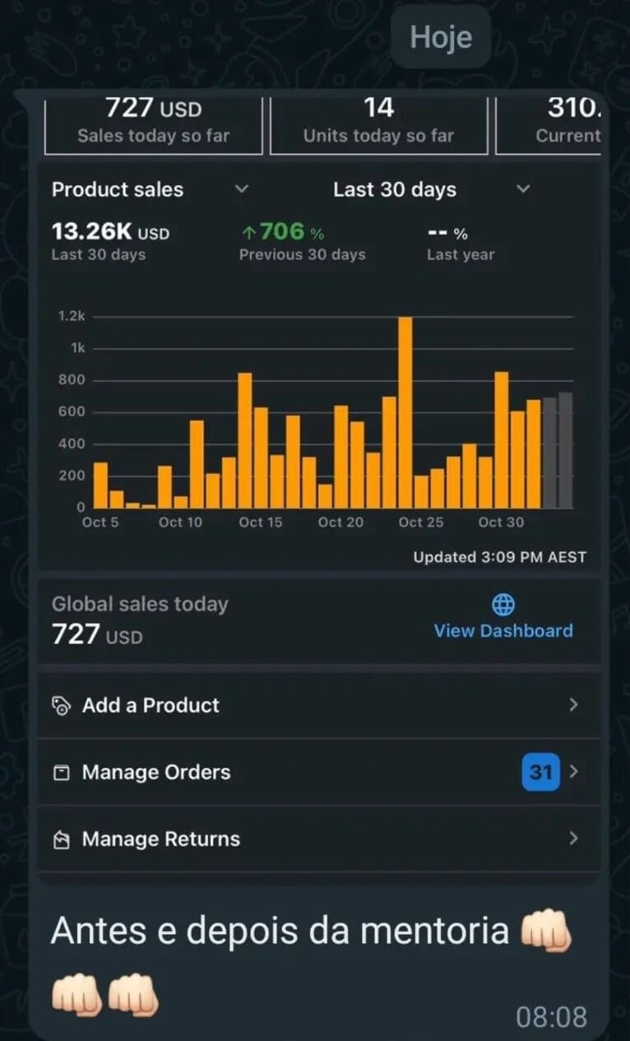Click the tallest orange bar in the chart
[x=405, y=411]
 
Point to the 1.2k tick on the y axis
[x=72, y=317]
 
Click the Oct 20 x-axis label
[x=340, y=523]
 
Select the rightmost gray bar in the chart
[x=566, y=450]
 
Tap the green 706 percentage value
[x=282, y=232]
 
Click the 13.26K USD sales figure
[x=110, y=233]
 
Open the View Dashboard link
[x=503, y=631]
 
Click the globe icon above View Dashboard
[x=503, y=606]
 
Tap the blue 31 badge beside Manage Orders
[x=540, y=772]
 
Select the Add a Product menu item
[x=151, y=705]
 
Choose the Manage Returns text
[x=160, y=839]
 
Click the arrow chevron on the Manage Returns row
[x=574, y=839]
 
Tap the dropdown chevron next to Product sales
[x=241, y=189]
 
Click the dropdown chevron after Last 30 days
[x=523, y=189]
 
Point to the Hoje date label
[x=441, y=38]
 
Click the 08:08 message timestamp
[x=551, y=1017]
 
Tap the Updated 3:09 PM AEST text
[x=499, y=557]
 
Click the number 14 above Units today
[x=378, y=108]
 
